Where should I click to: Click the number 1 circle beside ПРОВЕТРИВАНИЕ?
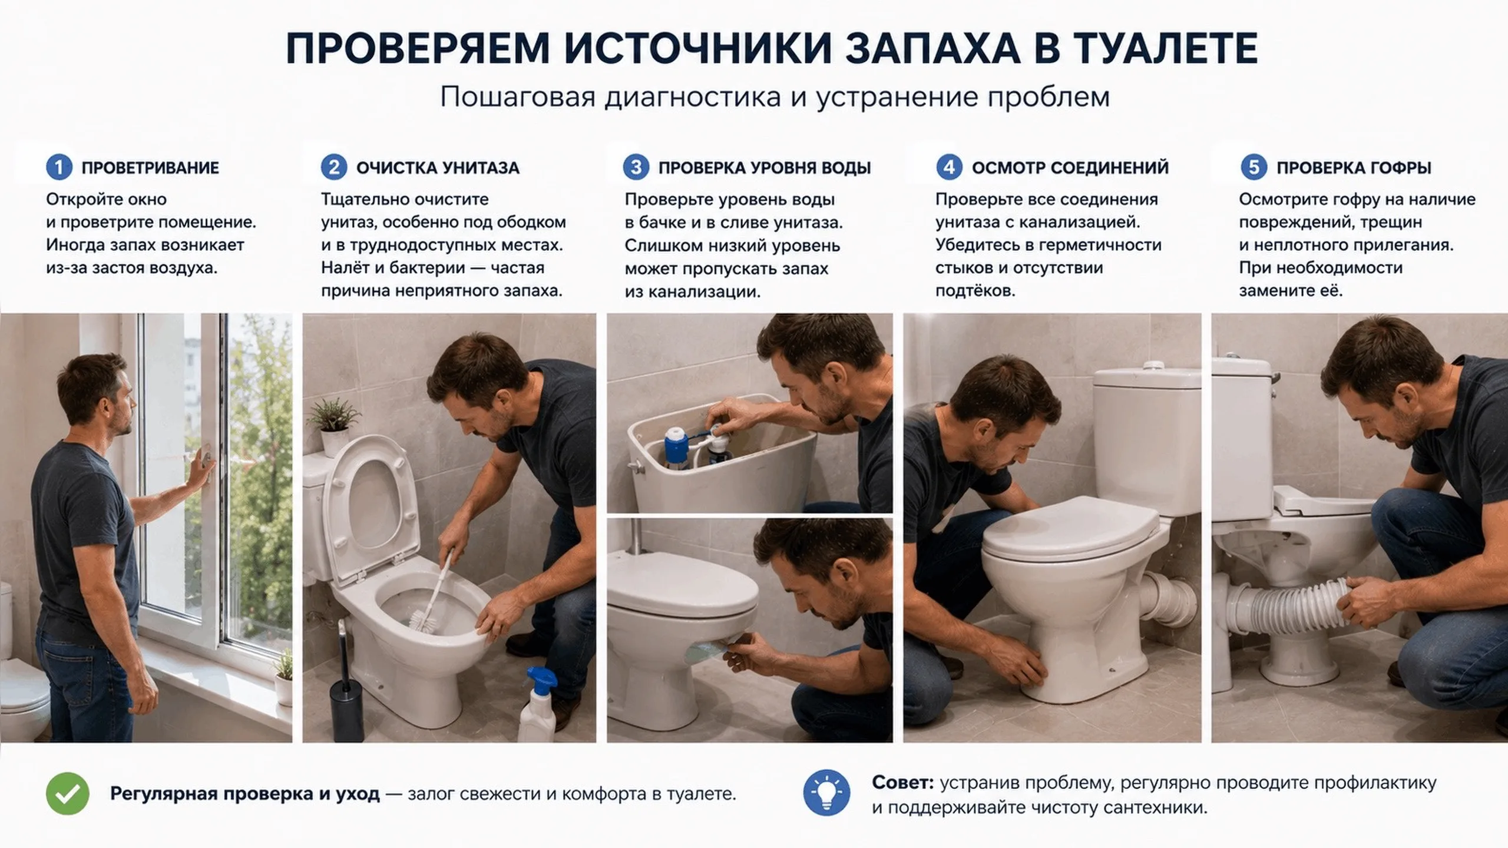[x=59, y=168]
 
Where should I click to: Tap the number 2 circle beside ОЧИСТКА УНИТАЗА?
[x=334, y=168]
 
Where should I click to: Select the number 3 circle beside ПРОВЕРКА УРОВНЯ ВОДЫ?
[x=636, y=168]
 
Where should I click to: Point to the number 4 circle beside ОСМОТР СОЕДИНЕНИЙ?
[x=950, y=168]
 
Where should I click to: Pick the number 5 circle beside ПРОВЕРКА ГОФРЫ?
[x=1254, y=168]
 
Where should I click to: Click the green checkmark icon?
[x=68, y=793]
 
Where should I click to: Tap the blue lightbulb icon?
[x=826, y=793]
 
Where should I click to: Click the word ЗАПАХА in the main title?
[x=933, y=48]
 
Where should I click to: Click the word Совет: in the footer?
[x=902, y=783]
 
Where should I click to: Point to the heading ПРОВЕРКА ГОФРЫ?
[x=1354, y=168]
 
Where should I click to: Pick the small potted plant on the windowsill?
[x=283, y=677]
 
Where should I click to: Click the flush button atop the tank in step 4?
[x=1153, y=366]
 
